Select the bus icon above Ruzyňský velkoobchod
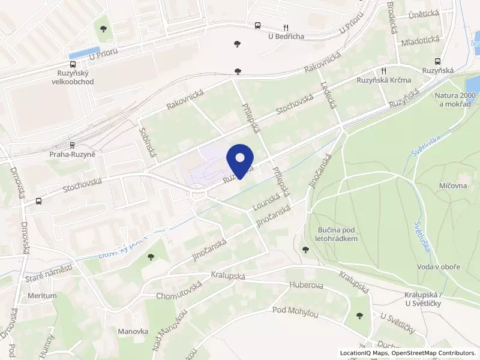click(73, 65)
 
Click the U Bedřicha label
click(286, 37)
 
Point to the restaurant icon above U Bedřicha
click(286, 27)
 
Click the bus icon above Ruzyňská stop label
click(437, 61)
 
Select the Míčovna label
click(453, 186)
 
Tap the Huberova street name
click(307, 286)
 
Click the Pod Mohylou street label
click(295, 310)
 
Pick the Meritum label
click(42, 296)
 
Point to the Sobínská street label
click(148, 142)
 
